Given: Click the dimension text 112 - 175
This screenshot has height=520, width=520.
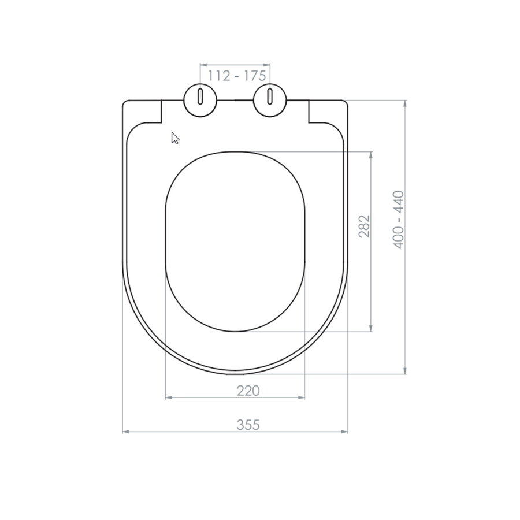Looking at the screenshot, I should pyautogui.click(x=235, y=75).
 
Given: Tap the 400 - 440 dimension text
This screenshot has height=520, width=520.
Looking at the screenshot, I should pyautogui.click(x=398, y=220).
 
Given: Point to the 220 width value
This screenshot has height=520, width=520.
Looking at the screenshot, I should pyautogui.click(x=248, y=391).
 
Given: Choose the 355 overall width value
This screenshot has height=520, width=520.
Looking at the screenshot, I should pyautogui.click(x=248, y=425).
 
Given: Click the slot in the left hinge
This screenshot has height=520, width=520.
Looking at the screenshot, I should pyautogui.click(x=200, y=96).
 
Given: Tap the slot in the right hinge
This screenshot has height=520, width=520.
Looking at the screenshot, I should pyautogui.click(x=270, y=96).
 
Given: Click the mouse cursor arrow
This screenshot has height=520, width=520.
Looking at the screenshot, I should pyautogui.click(x=174, y=138).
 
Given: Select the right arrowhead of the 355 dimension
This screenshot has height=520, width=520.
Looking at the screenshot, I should pyautogui.click(x=345, y=432).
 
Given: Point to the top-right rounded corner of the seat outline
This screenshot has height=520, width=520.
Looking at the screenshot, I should pyautogui.click(x=346, y=104).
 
